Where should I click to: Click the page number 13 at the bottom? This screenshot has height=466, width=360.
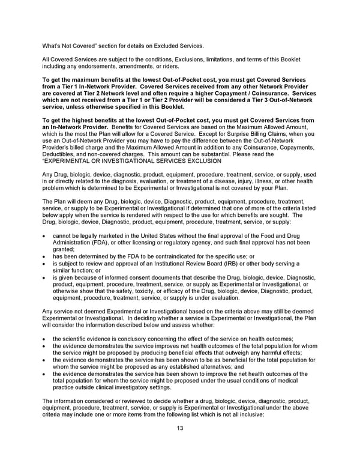pyautogui.click(x=179, y=428)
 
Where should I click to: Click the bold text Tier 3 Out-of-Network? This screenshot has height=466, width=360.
pyautogui.click(x=281, y=100)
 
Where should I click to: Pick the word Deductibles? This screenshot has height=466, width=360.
pyautogui.click(x=58, y=154)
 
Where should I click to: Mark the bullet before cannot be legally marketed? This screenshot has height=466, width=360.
pyautogui.click(x=46, y=235)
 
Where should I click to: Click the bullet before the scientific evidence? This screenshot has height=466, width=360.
pyautogui.click(x=46, y=339)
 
